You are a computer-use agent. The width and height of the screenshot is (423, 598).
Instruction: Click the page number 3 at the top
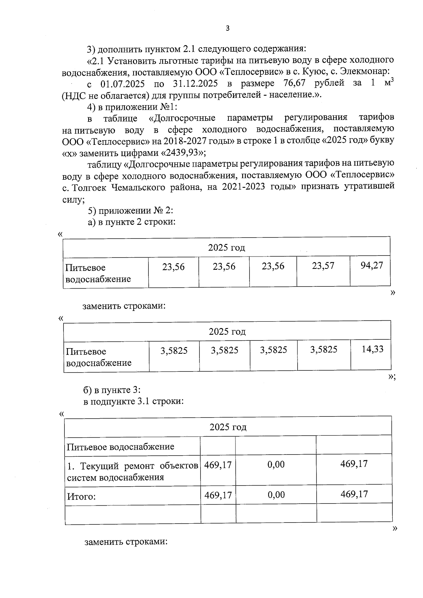pos(227,29)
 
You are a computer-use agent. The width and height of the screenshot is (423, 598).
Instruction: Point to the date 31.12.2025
pos(195,84)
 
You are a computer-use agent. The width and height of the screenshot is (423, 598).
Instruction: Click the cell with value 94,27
pos(372,265)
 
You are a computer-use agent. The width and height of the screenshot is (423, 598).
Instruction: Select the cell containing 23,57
pos(323,266)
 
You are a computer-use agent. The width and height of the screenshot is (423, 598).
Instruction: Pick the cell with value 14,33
pos(372,349)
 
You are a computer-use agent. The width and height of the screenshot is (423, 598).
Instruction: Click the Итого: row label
pos(81,497)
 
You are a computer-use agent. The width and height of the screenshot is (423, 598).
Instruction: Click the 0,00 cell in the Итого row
pos(276,495)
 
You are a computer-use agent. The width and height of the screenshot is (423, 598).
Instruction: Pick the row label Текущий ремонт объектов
pos(133,466)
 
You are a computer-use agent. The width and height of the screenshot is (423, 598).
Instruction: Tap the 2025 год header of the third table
pos(228,427)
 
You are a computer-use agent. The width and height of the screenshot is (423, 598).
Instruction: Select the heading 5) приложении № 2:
pos(130,210)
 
